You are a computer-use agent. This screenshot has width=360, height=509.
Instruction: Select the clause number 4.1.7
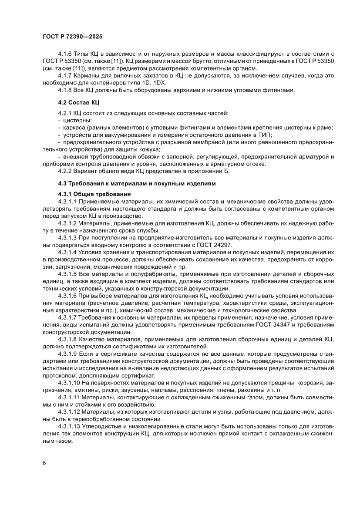[x=65, y=76]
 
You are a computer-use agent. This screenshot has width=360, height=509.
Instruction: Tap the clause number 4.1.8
[x=65, y=91]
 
